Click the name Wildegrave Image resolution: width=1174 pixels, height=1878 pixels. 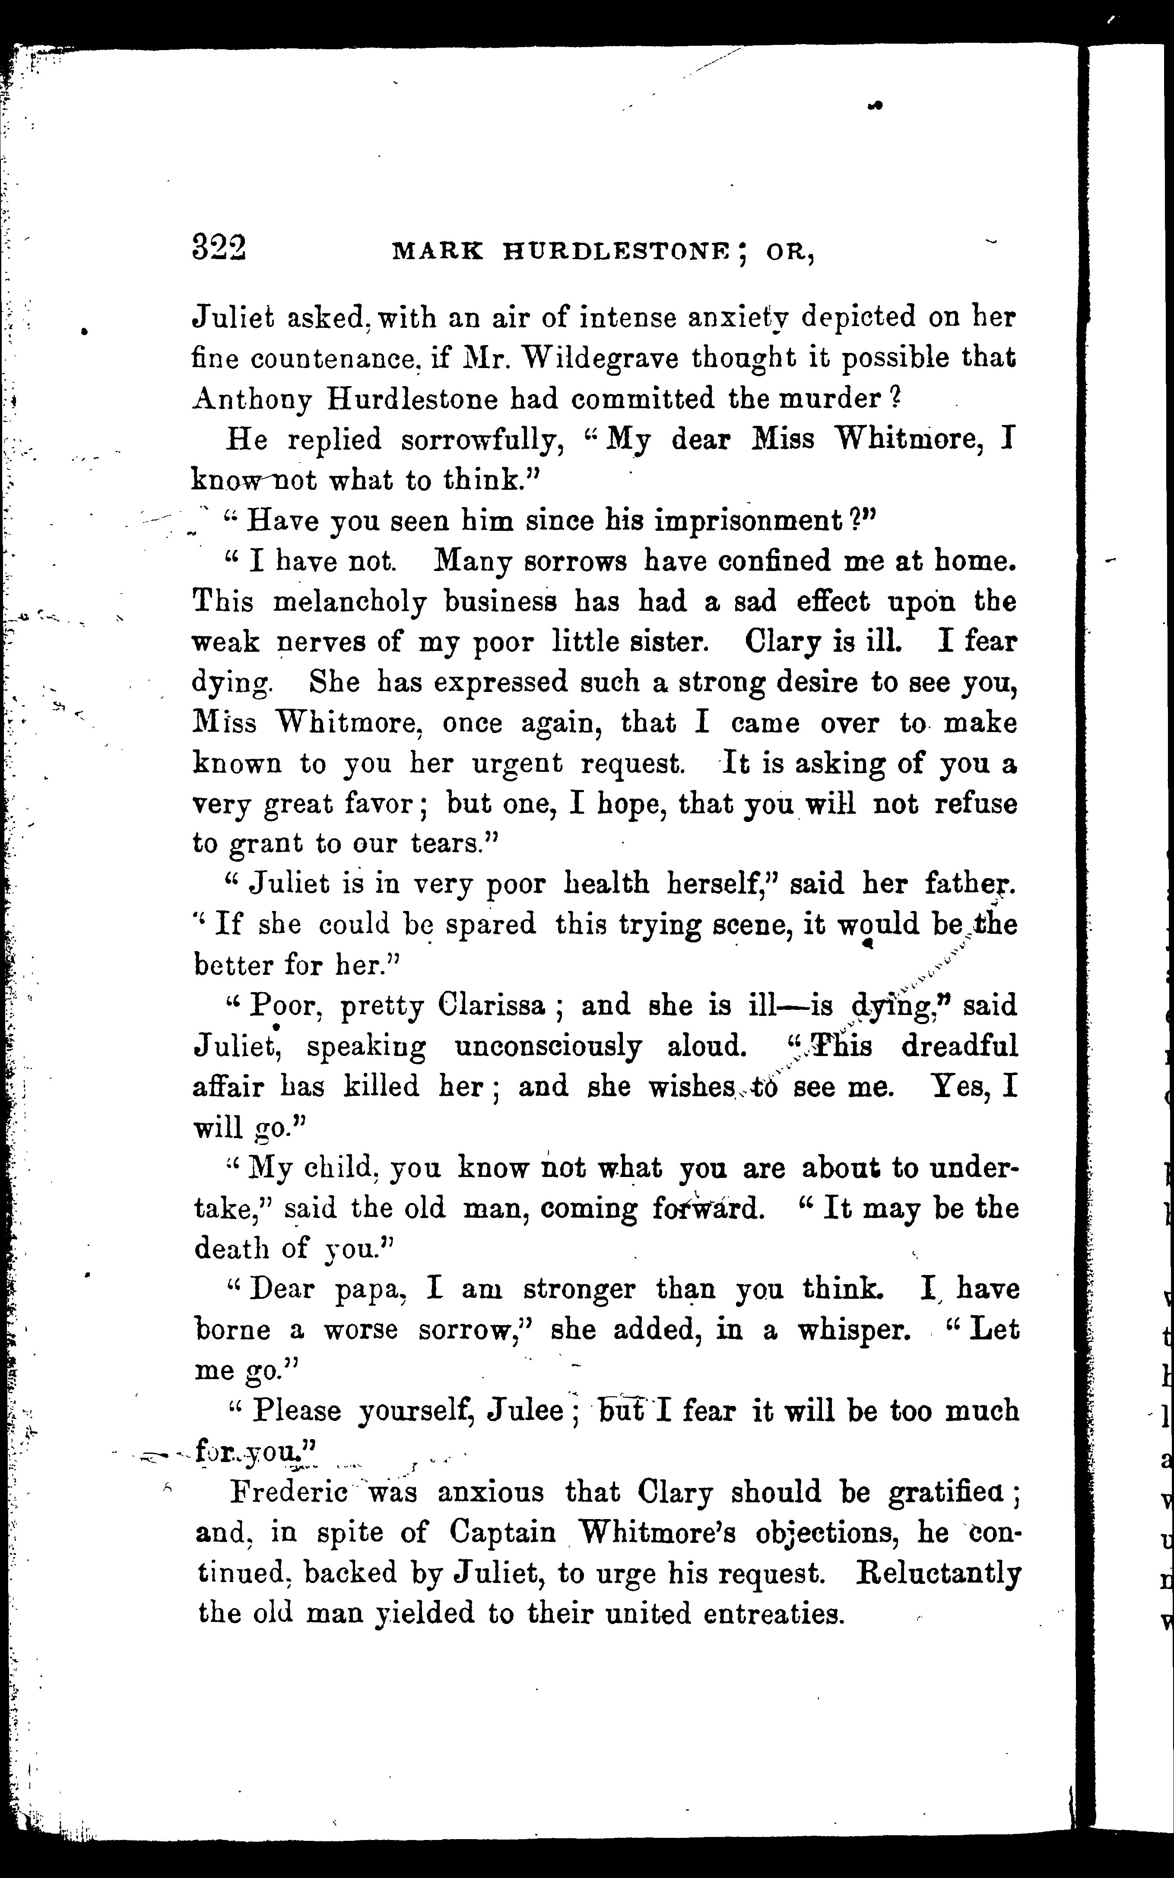598,358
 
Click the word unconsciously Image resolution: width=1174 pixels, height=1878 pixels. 548,1046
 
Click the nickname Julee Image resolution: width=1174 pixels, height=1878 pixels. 525,1411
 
